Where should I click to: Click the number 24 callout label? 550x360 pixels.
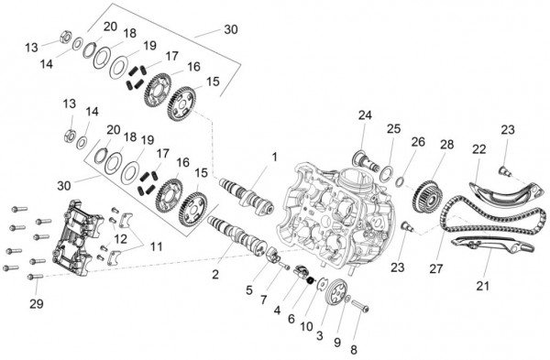(365, 115)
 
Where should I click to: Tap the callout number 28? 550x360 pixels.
(446, 145)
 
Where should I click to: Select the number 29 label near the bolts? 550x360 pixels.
(37, 303)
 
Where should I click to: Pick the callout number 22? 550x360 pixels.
(478, 148)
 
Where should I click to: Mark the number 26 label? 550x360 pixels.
(418, 142)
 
